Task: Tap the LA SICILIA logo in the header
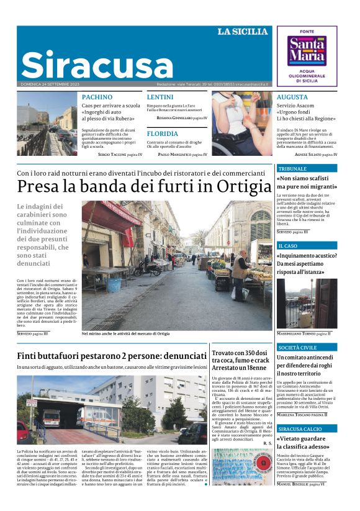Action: click(x=242, y=32)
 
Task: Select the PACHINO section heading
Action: click(x=97, y=97)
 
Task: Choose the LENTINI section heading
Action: click(x=160, y=97)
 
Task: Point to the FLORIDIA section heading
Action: click(x=162, y=133)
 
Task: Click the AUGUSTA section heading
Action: click(x=292, y=97)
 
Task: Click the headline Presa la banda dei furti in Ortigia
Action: click(x=140, y=186)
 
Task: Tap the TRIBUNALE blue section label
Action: click(x=293, y=169)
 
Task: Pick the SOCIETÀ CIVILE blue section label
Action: click(x=297, y=348)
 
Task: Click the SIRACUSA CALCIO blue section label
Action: click(x=300, y=429)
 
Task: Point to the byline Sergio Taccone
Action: click(x=120, y=154)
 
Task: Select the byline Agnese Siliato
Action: click(x=317, y=154)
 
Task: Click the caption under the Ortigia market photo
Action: click(x=125, y=333)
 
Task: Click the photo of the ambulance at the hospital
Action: click(x=112, y=408)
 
